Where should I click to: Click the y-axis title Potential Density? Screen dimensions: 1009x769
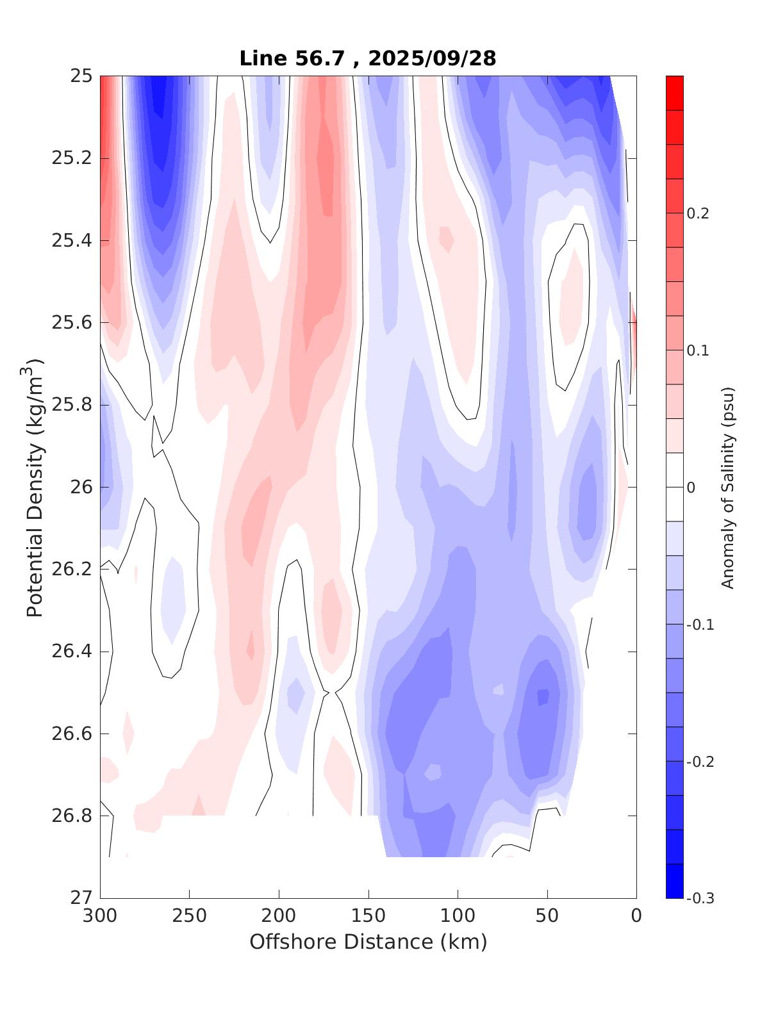tap(35, 488)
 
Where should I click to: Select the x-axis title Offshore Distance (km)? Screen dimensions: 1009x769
tap(368, 942)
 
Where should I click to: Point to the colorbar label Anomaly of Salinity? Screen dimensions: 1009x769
tap(727, 488)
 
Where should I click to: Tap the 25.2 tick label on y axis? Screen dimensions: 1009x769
tap(72, 158)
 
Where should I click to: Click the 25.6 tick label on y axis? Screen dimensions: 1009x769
tap(72, 323)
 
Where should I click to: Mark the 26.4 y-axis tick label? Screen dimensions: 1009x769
tap(72, 652)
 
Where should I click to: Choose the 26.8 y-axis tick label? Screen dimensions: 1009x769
tap(72, 816)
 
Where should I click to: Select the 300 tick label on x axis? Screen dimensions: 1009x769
tap(101, 916)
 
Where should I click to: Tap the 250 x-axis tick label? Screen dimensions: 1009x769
tap(190, 916)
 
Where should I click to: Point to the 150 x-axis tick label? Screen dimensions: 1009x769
tap(368, 916)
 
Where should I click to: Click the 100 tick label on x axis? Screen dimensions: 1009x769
tap(458, 916)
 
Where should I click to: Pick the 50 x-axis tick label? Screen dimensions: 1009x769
tap(547, 916)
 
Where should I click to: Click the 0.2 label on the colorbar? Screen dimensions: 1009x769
tap(698, 213)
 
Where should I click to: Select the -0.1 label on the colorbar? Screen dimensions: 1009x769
tap(700, 625)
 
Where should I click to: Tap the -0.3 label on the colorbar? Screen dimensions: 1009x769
tap(700, 898)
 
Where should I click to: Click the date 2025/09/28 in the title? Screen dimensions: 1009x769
tap(433, 58)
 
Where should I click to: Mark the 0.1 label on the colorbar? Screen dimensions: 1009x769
tap(698, 350)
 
